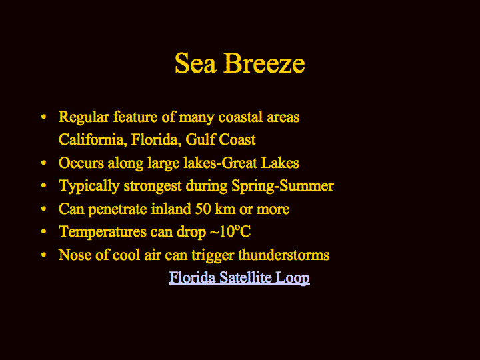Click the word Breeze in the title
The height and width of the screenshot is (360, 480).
tap(265, 63)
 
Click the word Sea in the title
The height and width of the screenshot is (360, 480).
tap(195, 63)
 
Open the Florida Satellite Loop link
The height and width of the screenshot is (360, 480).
tap(239, 277)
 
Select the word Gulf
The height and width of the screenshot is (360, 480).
tap(201, 139)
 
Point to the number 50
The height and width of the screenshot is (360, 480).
tap(203, 209)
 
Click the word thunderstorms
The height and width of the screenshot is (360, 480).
tap(284, 255)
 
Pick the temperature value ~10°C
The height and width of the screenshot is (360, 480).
tap(230, 231)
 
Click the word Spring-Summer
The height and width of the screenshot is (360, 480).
tap(283, 186)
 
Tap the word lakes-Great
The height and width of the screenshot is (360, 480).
tap(221, 163)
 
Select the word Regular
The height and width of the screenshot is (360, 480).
tap(84, 117)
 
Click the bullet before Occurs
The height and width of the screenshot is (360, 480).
tap(43, 163)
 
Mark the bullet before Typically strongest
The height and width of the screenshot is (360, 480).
tap(43, 186)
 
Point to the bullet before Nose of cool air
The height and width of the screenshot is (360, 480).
tap(43, 255)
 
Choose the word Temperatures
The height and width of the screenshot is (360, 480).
tap(103, 232)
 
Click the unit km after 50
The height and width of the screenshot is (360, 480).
tap(225, 209)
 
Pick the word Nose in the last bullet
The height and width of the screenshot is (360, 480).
tap(75, 255)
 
